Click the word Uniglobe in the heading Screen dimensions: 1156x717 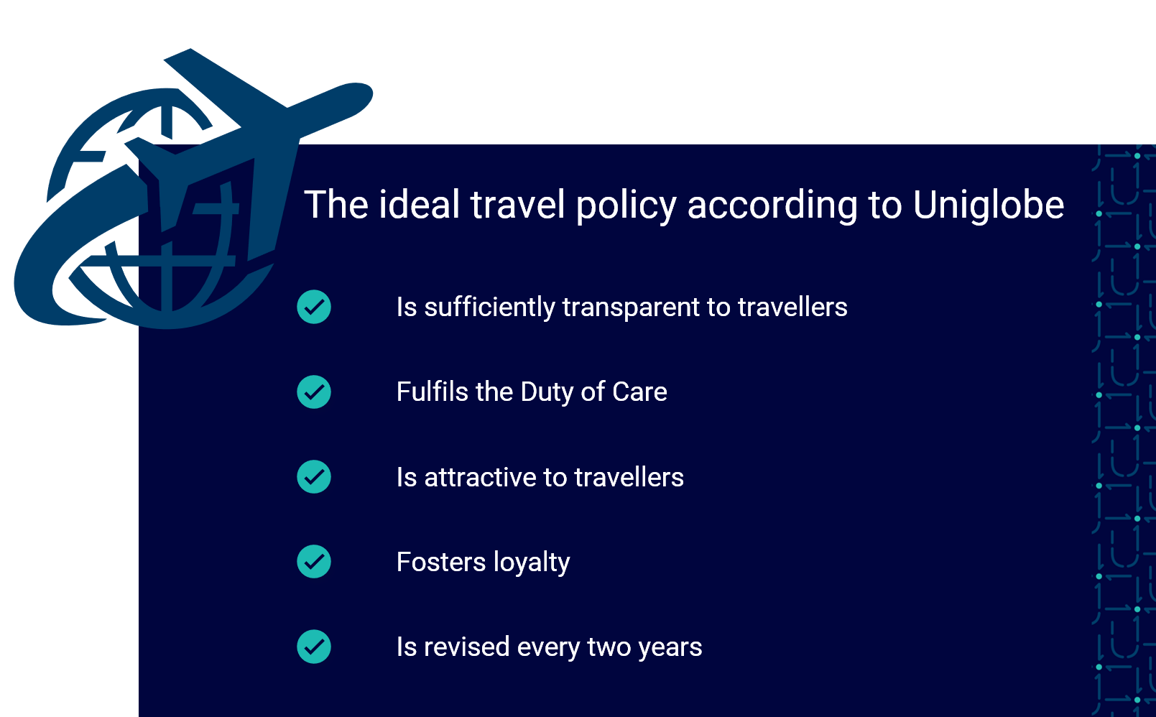(989, 205)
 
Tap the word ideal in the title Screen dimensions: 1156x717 (419, 205)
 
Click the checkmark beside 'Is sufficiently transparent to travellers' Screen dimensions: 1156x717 (314, 307)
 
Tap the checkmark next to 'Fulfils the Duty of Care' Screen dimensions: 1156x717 (314, 392)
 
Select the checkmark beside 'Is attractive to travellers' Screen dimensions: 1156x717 (314, 476)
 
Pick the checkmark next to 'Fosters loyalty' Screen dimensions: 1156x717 (314, 562)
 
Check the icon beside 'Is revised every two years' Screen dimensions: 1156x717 (314, 647)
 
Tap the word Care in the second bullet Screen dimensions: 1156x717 (639, 392)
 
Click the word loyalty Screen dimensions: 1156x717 (532, 563)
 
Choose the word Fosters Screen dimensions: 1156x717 (441, 562)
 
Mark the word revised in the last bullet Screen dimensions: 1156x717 (466, 647)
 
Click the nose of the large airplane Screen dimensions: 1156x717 (366, 93)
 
